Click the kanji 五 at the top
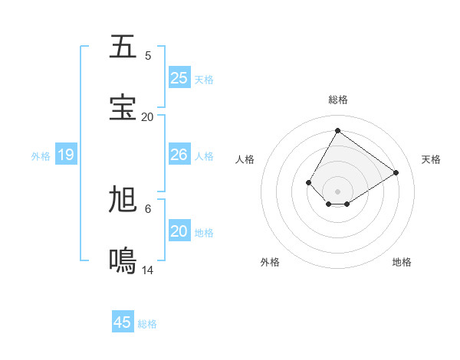pyautogui.click(x=123, y=47)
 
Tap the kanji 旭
pyautogui.click(x=123, y=200)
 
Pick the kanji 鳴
pyautogui.click(x=123, y=261)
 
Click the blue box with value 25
pyautogui.click(x=179, y=78)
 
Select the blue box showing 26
pyautogui.click(x=179, y=155)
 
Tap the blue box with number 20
pyautogui.click(x=179, y=231)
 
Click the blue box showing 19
pyautogui.click(x=66, y=155)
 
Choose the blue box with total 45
pyautogui.click(x=123, y=322)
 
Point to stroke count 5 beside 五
pyautogui.click(x=148, y=56)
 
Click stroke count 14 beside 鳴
pyautogui.click(x=148, y=270)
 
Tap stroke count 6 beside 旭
pyautogui.click(x=148, y=209)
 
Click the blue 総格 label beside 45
pyautogui.click(x=147, y=324)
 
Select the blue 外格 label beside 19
pyautogui.click(x=41, y=156)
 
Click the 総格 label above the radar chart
pyautogui.click(x=338, y=100)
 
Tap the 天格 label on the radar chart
pyautogui.click(x=431, y=159)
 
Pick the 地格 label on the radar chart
pyautogui.click(x=402, y=262)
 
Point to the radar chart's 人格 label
pyautogui.click(x=245, y=159)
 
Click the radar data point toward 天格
pyautogui.click(x=396, y=172)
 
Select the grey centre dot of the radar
pyautogui.click(x=338, y=191)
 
